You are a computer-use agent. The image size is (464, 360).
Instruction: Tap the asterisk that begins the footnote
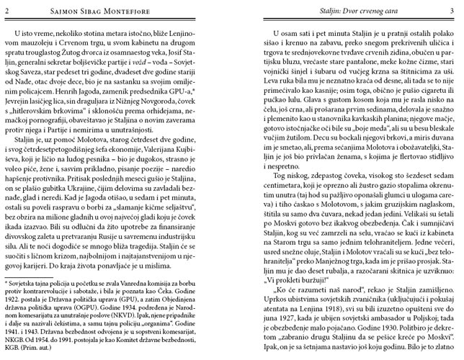[6, 287]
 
